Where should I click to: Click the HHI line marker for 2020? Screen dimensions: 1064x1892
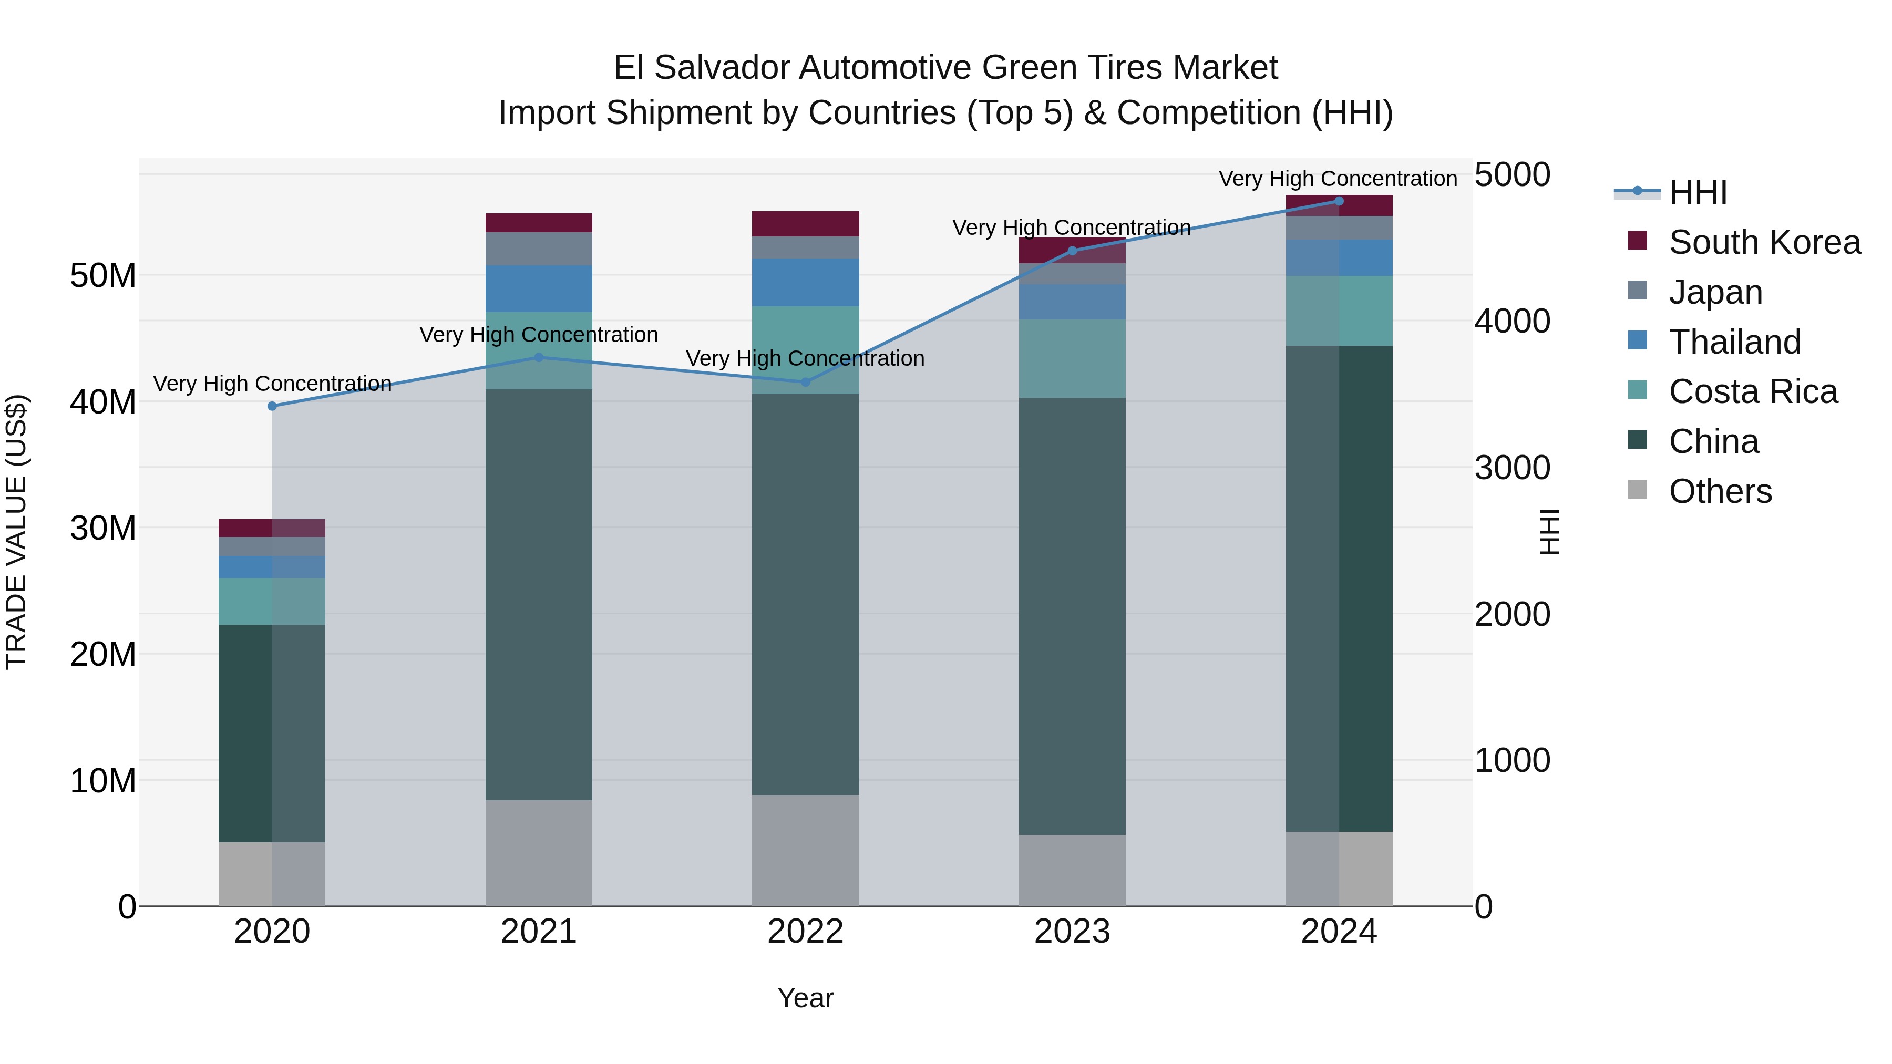click(x=272, y=406)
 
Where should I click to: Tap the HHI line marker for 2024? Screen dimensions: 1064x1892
click(x=1338, y=201)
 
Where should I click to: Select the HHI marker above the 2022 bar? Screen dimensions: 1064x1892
click(x=805, y=382)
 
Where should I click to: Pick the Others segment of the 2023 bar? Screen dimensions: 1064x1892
click(x=1072, y=870)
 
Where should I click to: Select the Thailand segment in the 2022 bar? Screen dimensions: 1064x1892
click(x=805, y=283)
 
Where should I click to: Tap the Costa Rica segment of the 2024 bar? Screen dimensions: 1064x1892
click(x=1338, y=311)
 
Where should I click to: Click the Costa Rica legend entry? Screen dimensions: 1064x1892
click(x=1752, y=391)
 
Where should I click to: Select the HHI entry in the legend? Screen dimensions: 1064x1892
click(x=1698, y=192)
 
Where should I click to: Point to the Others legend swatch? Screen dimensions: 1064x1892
click(x=1637, y=490)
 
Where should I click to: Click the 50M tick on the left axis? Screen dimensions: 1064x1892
click(x=103, y=276)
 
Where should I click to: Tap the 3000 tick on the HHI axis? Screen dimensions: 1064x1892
click(x=1511, y=468)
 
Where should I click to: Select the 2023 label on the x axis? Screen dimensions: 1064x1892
click(x=1072, y=932)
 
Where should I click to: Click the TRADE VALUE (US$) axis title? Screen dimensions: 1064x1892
click(x=16, y=532)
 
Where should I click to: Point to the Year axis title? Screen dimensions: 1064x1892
click(x=805, y=998)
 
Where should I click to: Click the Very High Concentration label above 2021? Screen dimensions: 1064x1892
click(x=538, y=335)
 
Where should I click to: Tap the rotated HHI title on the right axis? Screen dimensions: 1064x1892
click(x=1549, y=532)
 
